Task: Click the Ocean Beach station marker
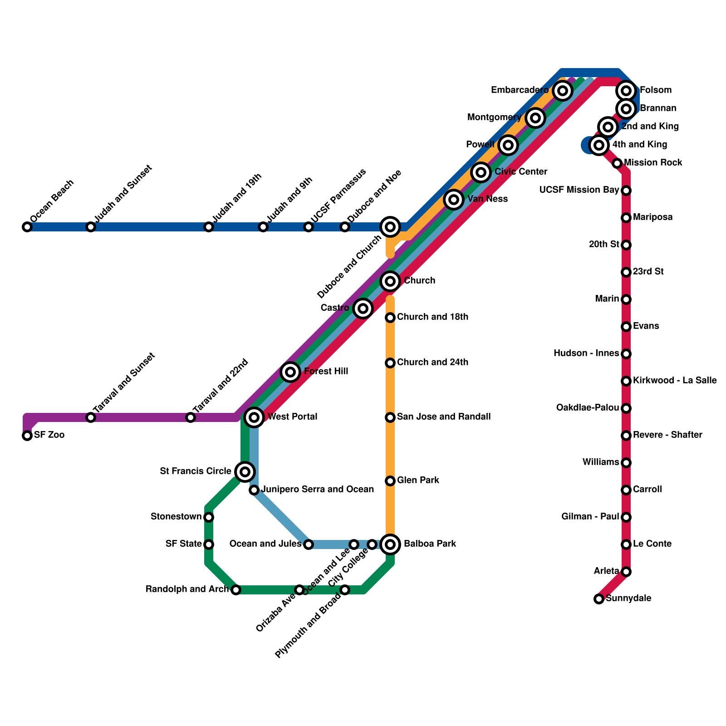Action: [x=27, y=227]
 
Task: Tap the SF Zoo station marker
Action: [x=27, y=436]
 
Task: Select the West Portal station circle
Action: [x=255, y=417]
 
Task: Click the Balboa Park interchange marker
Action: [x=390, y=544]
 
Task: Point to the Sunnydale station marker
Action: [x=599, y=599]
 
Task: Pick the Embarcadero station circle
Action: [x=563, y=91]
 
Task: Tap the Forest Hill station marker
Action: [x=290, y=372]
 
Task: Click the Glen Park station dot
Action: [x=390, y=481]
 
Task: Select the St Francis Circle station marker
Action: [x=245, y=472]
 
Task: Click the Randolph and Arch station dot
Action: [x=235, y=590]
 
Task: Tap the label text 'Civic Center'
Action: [x=521, y=172]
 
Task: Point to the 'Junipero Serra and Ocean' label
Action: [x=318, y=490]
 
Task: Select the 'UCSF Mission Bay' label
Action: [x=579, y=190]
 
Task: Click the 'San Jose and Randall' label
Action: [x=444, y=417]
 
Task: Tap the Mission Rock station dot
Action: [x=617, y=163]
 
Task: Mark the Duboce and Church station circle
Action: [x=390, y=227]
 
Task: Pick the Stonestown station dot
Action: [x=209, y=517]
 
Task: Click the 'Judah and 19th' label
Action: [x=237, y=197]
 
